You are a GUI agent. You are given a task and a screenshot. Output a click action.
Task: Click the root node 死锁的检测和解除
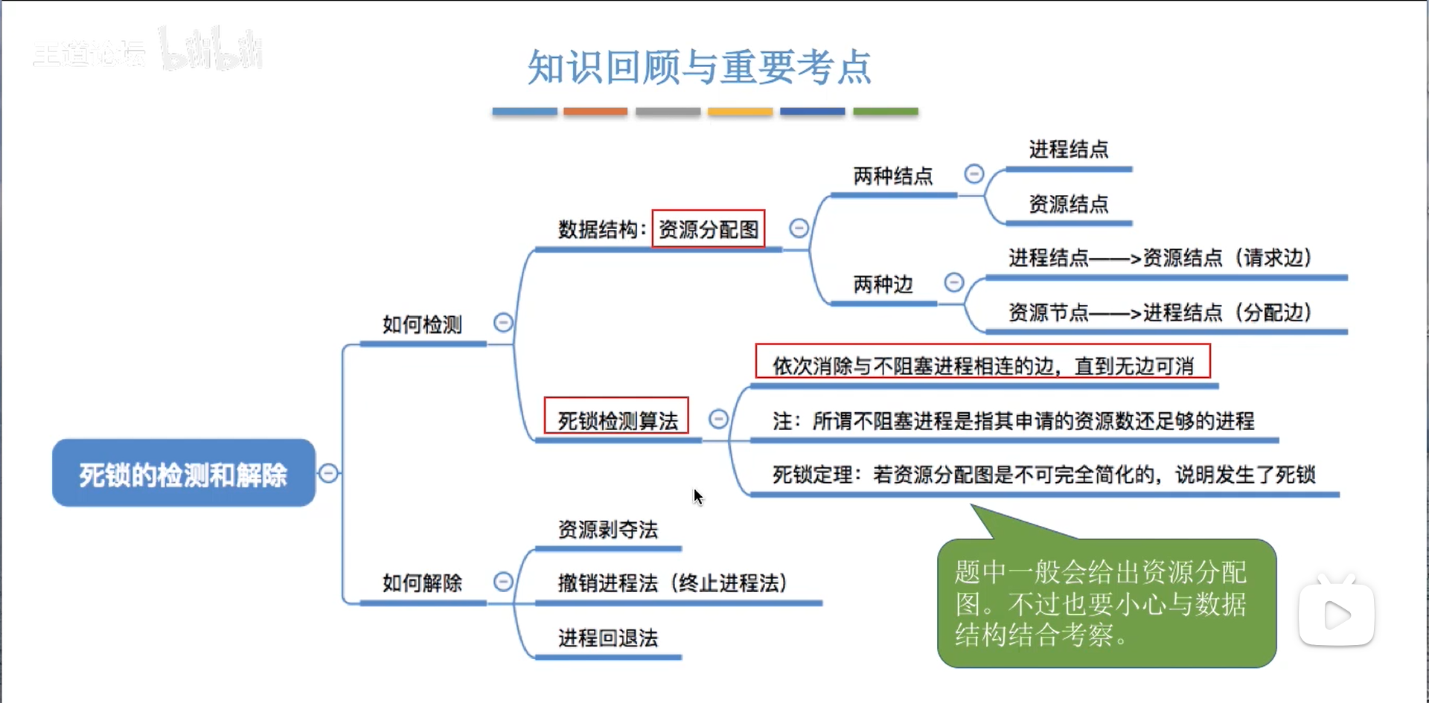[183, 474]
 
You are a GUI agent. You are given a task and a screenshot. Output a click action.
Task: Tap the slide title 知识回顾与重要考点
[699, 67]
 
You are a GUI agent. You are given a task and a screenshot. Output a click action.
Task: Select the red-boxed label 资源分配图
[709, 229]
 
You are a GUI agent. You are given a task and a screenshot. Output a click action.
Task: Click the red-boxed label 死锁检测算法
[617, 421]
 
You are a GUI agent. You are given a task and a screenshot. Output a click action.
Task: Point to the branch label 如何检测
[422, 324]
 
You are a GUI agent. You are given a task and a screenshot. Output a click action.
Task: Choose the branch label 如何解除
[422, 582]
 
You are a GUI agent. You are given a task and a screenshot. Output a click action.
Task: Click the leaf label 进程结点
[1068, 150]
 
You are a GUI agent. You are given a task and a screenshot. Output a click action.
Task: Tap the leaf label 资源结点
[1068, 204]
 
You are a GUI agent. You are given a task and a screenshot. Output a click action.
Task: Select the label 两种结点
[892, 176]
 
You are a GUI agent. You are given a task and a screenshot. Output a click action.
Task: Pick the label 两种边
[883, 284]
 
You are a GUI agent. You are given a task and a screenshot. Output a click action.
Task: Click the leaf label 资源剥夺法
[608, 530]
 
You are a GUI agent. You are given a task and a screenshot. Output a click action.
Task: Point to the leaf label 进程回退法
[608, 638]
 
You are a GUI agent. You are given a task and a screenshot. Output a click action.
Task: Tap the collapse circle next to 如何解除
[503, 582]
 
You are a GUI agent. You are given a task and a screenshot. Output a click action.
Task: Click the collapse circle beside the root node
[328, 473]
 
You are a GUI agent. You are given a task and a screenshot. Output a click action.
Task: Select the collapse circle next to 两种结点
[974, 174]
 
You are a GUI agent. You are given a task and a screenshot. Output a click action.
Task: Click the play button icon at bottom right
[1337, 614]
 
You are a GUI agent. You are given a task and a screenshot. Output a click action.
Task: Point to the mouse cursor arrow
[697, 496]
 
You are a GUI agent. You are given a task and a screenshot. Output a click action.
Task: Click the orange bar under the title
[595, 112]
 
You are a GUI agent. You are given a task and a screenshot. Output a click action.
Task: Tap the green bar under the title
[885, 112]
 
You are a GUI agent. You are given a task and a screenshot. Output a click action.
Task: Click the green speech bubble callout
[1106, 603]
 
